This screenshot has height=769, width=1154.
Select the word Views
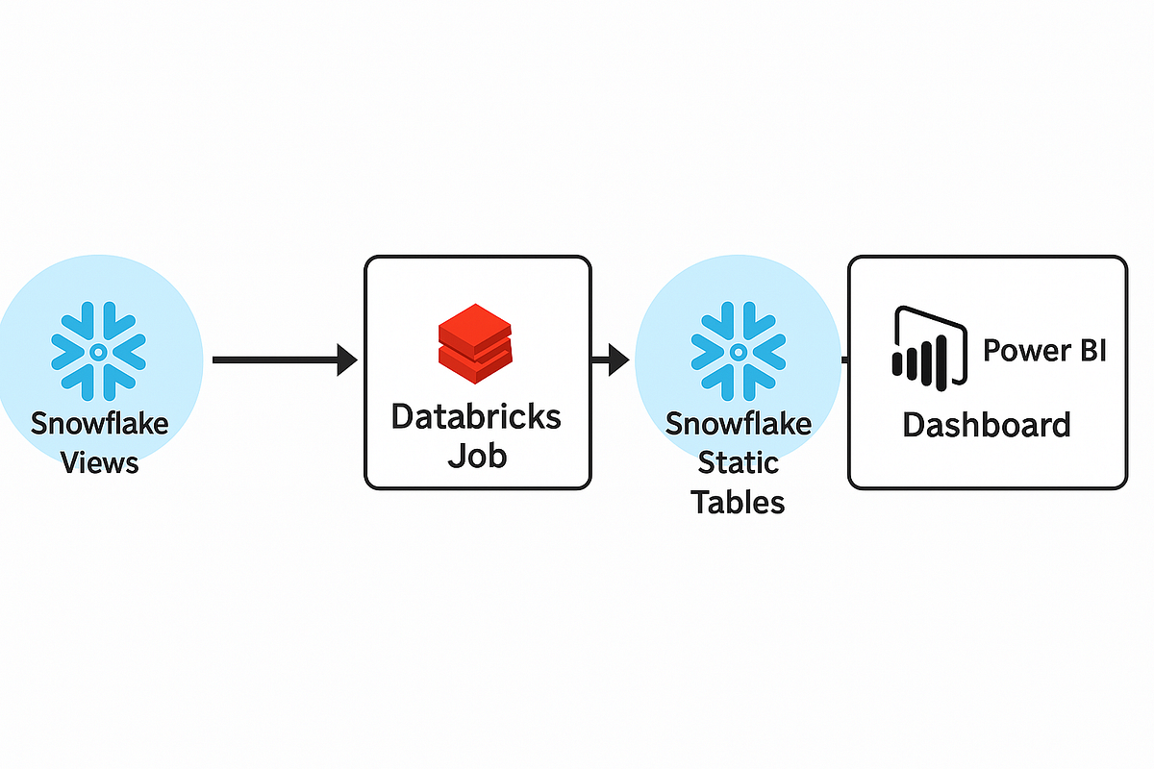[100, 462]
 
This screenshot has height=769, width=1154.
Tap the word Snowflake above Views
[99, 423]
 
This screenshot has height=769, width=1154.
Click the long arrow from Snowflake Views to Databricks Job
[274, 360]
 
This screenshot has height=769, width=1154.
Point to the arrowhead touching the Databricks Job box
[346, 360]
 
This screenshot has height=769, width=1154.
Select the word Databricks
[477, 416]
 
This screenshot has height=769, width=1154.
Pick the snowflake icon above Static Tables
[738, 352]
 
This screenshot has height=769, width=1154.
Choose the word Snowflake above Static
[739, 423]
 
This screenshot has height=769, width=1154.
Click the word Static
[739, 462]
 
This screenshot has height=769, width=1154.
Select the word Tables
[739, 501]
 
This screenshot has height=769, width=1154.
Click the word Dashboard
[987, 424]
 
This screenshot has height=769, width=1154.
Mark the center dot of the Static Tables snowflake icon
[738, 353]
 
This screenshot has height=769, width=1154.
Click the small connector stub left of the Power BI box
[843, 360]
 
